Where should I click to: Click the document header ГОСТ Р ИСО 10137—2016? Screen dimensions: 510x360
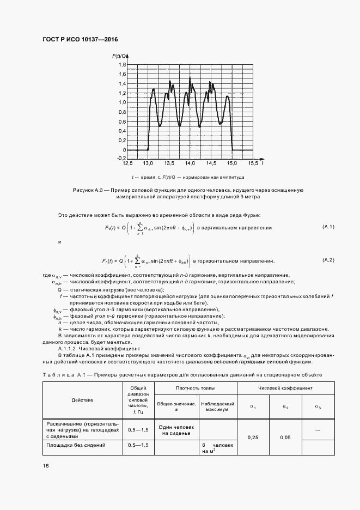[80, 39]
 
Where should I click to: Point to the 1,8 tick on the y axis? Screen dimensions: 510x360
[123, 65]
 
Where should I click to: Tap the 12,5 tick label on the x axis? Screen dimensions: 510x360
[128, 163]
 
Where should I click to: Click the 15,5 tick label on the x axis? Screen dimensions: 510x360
[253, 163]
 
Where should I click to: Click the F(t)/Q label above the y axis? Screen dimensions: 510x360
[120, 56]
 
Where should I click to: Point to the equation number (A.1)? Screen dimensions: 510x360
[328, 226]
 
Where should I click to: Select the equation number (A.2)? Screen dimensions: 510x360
[328, 260]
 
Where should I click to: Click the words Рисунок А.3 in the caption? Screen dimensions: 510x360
[88, 190]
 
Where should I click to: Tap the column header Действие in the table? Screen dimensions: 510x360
[82, 399]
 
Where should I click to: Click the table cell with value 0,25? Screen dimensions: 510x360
[253, 437]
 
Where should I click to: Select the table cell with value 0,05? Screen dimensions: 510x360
[285, 437]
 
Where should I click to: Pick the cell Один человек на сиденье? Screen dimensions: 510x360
[177, 429]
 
